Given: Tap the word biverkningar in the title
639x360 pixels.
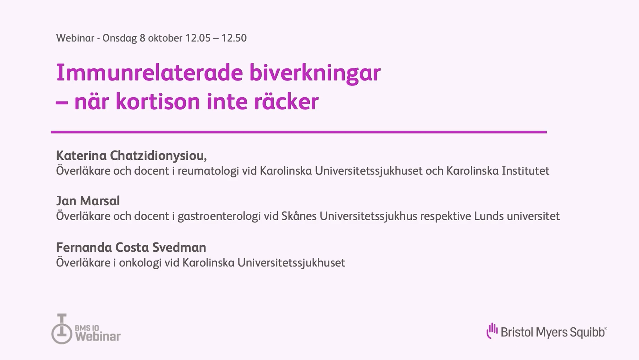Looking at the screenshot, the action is [x=315, y=74].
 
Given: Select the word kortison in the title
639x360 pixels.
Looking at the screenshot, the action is [x=158, y=101].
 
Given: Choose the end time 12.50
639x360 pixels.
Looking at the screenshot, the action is [x=234, y=38].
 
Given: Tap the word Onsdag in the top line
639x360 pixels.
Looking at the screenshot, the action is [x=120, y=38].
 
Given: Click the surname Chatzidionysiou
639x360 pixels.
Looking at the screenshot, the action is [x=158, y=156].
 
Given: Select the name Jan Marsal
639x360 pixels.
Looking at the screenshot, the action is [x=88, y=201].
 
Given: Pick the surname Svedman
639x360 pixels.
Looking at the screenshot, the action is [x=179, y=248].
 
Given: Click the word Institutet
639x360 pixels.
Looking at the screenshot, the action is [x=526, y=171].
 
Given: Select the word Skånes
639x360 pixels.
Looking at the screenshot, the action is [x=299, y=216].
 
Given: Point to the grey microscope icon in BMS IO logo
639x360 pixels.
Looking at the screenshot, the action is [x=62, y=329].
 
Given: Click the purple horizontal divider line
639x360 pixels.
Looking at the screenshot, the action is [x=299, y=132].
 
